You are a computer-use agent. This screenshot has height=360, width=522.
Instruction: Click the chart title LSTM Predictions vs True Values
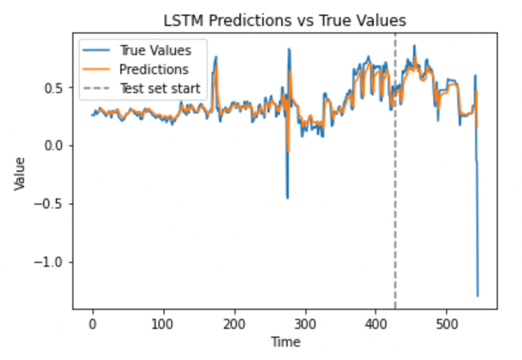tap(284, 21)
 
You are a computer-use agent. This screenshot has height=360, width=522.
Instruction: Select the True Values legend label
tap(155, 50)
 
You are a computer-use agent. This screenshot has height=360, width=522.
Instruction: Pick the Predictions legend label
tap(153, 69)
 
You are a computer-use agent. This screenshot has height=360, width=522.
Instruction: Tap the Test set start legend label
tap(160, 88)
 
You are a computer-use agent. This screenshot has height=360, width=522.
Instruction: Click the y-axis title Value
tap(20, 174)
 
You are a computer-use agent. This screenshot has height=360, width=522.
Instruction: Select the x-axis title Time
tap(285, 342)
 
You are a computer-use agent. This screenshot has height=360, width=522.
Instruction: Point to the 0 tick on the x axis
tap(92, 322)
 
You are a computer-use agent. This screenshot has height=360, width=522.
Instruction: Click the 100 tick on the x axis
tap(163, 322)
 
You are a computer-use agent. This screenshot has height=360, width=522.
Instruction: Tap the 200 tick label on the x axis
tap(234, 322)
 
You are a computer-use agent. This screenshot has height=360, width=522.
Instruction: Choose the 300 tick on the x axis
tap(305, 322)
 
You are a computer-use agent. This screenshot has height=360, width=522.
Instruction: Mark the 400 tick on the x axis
tap(376, 322)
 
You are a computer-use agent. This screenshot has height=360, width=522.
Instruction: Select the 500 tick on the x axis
tap(447, 322)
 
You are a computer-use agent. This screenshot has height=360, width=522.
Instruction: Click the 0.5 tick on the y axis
tap(56, 87)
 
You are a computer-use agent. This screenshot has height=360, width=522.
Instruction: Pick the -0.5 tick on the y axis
tap(53, 204)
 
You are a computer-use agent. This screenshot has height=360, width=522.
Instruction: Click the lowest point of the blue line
tap(478, 296)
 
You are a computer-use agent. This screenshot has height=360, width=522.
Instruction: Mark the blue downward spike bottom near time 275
tap(287, 198)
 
